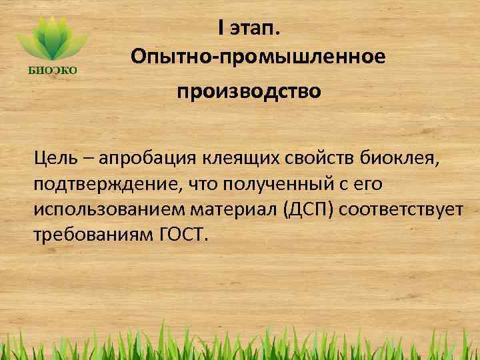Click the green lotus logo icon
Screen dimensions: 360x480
click(53, 39)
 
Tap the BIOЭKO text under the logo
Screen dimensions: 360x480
click(53, 68)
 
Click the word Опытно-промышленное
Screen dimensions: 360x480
click(258, 57)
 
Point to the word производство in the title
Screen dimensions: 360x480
click(248, 90)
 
